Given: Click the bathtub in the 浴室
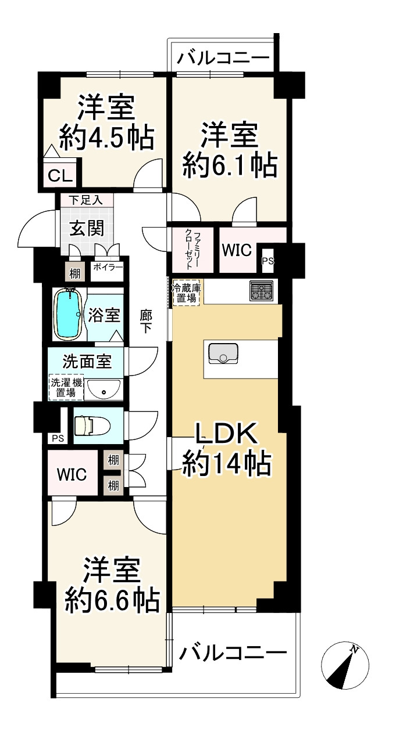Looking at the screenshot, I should click(69, 314).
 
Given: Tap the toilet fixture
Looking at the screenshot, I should click(87, 424).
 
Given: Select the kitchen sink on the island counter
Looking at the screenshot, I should click(221, 352).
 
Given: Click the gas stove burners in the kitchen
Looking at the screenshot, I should click(261, 290).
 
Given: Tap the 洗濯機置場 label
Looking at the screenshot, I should click(66, 388).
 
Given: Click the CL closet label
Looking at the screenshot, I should click(60, 175).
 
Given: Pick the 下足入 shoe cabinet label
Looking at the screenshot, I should click(85, 200).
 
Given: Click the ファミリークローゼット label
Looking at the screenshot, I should click(192, 250).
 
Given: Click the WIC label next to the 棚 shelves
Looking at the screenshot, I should click(72, 474).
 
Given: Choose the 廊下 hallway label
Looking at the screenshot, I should click(147, 322).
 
